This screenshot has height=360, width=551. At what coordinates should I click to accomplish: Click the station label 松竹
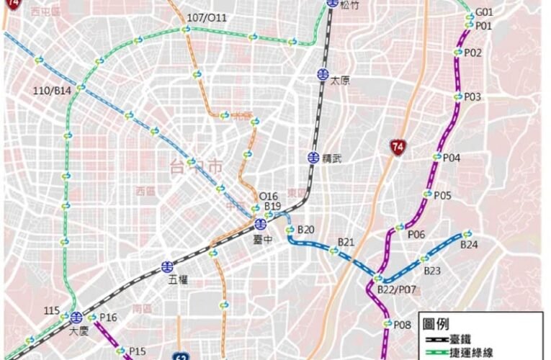click(350, 5)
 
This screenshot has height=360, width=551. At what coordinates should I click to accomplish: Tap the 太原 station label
click(340, 81)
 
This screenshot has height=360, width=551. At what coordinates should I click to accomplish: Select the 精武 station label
click(333, 157)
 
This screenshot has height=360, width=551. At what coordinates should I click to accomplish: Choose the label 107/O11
click(207, 17)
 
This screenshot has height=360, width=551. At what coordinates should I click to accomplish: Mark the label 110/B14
click(53, 90)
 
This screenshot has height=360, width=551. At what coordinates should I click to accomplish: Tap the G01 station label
click(484, 12)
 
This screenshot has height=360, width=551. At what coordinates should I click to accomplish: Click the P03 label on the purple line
click(472, 96)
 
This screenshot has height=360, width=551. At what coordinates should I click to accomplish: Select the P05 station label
click(442, 195)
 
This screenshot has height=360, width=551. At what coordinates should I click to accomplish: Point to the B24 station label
click(469, 245)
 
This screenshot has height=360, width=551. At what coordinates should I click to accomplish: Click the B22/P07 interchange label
click(397, 289)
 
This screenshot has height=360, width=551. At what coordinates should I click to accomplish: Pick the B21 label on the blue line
click(346, 241)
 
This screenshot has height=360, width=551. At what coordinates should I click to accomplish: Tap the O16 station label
click(268, 196)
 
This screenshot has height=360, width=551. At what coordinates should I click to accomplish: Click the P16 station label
click(108, 318)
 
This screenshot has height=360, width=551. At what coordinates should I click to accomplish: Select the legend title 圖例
click(436, 325)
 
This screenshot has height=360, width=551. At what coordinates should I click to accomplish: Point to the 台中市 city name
click(195, 166)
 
